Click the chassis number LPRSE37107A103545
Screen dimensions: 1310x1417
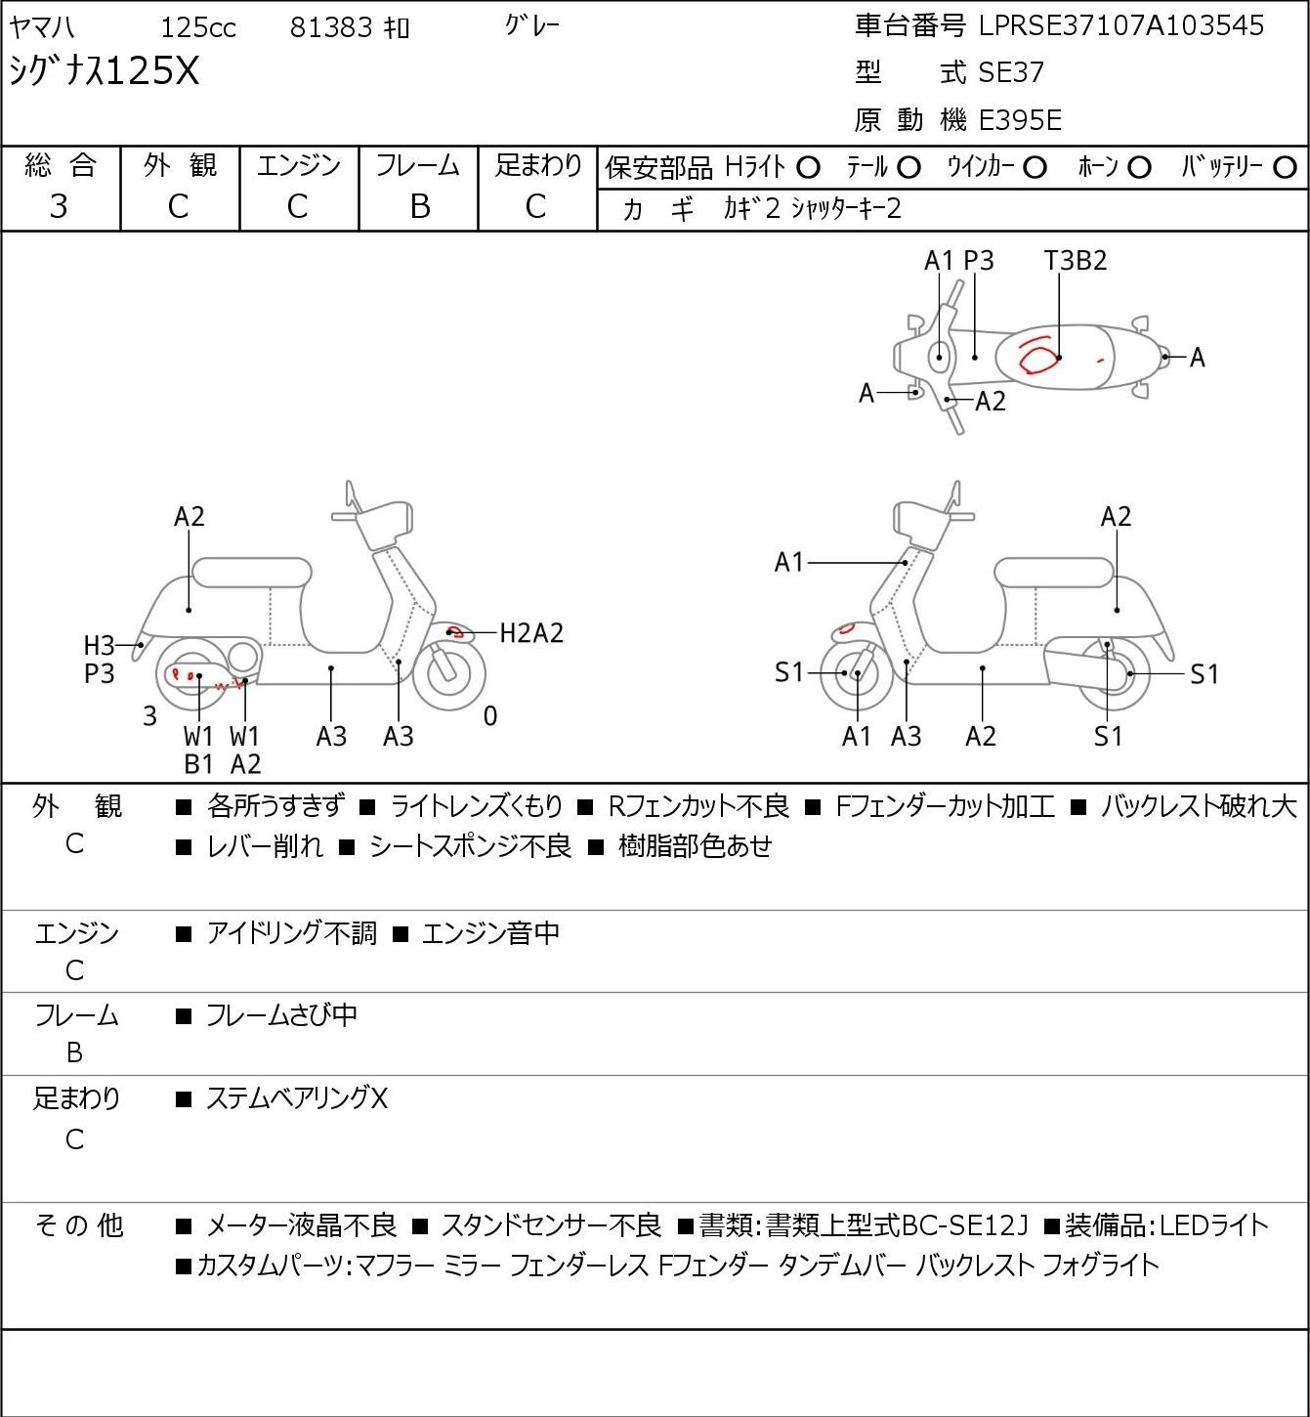(1120, 26)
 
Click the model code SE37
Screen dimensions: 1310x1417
(1011, 72)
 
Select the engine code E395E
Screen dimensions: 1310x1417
(1020, 120)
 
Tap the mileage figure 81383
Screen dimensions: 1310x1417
(331, 27)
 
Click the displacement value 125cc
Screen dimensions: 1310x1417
(198, 27)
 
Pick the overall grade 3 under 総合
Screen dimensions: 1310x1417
(59, 207)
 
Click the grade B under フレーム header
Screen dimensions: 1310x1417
(419, 207)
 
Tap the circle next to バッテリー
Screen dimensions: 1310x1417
(1285, 168)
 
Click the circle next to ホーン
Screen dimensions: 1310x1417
(1139, 168)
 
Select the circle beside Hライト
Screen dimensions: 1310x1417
(808, 168)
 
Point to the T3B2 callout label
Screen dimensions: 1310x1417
(1076, 260)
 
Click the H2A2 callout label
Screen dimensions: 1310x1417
(531, 633)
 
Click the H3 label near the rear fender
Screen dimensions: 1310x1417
(99, 646)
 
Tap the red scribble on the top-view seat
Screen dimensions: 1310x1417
(1037, 356)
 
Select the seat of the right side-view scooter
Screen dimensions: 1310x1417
(1054, 573)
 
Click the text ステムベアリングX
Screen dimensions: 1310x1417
(297, 1098)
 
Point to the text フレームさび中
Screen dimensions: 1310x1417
(281, 1015)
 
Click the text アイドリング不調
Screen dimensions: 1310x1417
(291, 933)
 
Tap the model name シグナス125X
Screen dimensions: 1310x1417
(105, 71)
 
